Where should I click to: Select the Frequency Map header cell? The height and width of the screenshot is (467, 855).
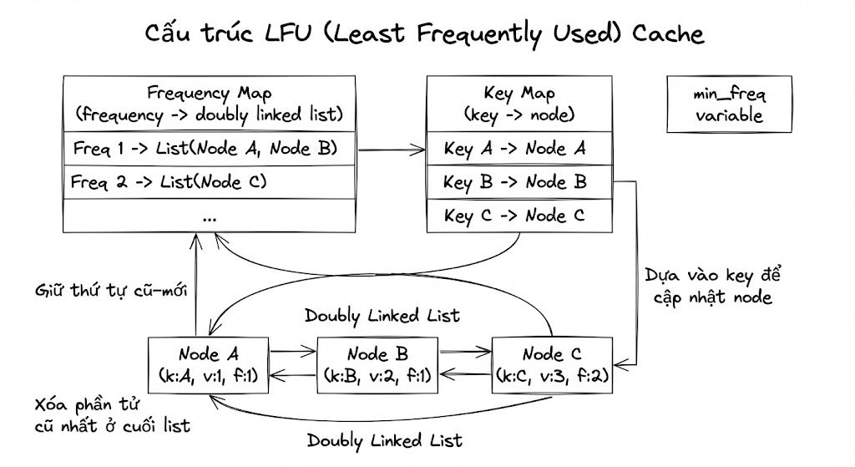[210, 104]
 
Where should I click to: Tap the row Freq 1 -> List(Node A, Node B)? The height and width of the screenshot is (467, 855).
[210, 149]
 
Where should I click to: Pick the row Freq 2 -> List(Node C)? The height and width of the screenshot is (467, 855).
[210, 180]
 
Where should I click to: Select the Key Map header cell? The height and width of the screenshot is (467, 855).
[519, 104]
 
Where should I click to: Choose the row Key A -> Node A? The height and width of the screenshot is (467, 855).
[519, 149]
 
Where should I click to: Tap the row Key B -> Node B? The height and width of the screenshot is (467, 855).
[519, 181]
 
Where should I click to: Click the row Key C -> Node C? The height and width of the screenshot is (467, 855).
[519, 216]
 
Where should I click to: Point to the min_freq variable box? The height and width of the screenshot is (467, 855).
[729, 105]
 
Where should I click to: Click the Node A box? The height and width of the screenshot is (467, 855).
[208, 364]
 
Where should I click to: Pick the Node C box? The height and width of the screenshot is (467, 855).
[554, 364]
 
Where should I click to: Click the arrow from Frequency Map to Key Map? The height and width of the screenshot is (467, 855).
[392, 150]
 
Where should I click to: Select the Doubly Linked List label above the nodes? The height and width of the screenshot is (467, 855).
[382, 316]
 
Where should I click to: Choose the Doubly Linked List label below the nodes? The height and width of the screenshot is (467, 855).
[384, 439]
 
